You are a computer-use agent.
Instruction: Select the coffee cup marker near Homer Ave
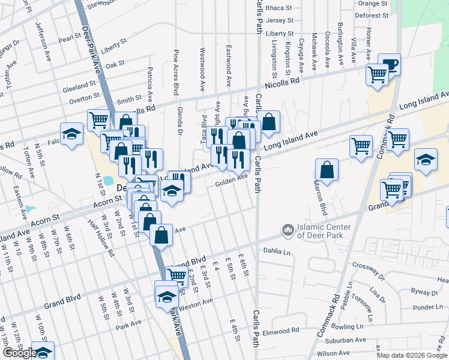[390, 65]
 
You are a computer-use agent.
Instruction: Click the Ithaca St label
[279, 8]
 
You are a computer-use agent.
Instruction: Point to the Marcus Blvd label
[324, 200]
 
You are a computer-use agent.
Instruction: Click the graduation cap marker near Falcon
[71, 134]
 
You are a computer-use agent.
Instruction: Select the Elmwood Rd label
[281, 331]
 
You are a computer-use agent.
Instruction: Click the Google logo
[19, 353]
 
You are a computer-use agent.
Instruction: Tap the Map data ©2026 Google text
[411, 355]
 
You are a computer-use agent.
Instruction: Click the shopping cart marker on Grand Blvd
[176, 275]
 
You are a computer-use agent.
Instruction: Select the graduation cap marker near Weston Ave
[167, 295]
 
